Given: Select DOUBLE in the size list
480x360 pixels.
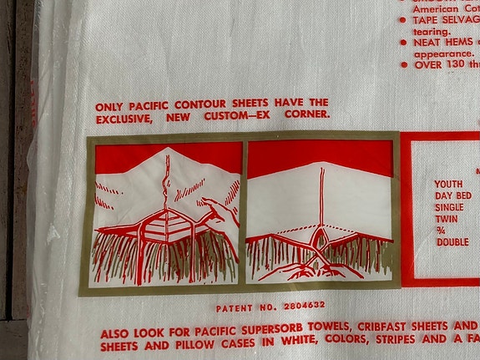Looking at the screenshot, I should click(452, 241).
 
